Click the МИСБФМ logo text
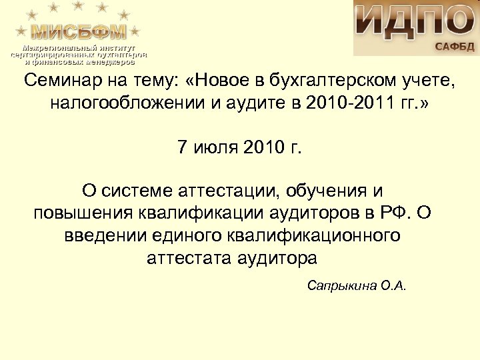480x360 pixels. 79,31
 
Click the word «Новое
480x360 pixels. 223,82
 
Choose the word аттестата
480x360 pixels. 186,258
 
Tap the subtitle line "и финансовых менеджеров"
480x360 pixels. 79,61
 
